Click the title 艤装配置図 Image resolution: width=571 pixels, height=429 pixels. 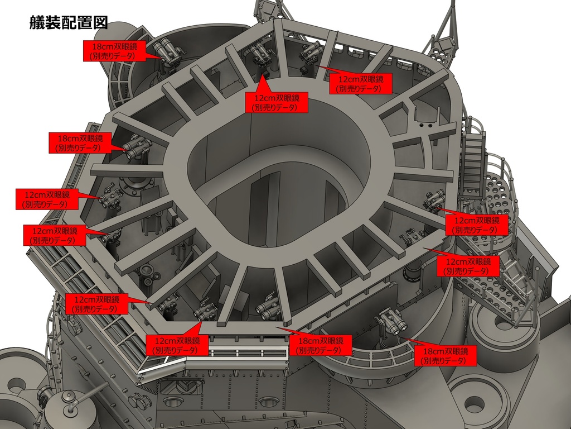69,22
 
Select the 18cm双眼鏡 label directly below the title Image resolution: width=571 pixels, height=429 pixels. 114,51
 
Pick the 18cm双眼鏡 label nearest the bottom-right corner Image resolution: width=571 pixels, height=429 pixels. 446,356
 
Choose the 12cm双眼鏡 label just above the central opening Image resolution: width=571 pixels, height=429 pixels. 277,103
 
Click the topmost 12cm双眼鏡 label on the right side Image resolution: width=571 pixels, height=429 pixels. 361,84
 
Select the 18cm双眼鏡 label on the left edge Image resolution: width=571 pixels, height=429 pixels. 80,142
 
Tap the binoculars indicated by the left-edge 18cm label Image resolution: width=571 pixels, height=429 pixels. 137,147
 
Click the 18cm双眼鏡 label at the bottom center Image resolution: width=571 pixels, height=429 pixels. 321,346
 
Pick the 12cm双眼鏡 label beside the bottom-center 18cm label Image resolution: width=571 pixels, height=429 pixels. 177,346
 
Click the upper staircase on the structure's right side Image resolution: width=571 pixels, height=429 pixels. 473,160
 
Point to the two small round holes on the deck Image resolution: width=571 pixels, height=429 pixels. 425,126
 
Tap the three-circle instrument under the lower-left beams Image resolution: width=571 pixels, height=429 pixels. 147,273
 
